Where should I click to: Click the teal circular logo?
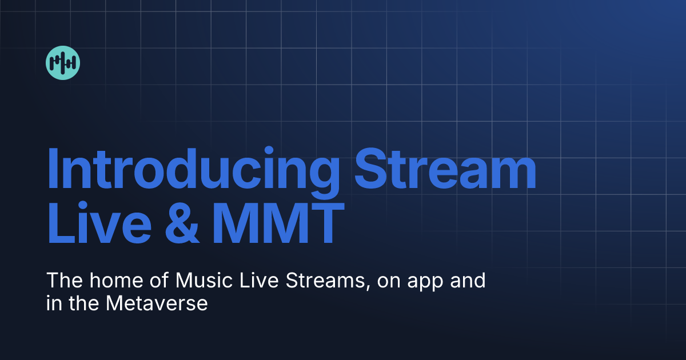tap(63, 63)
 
